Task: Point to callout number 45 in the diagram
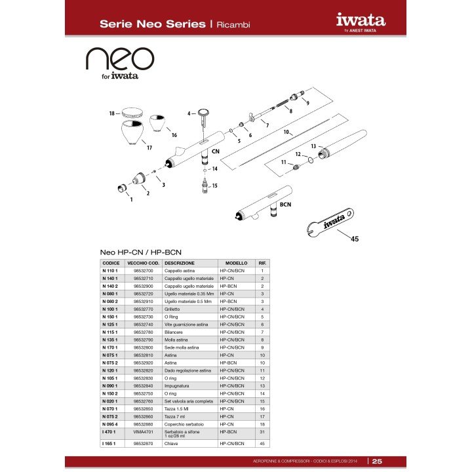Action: click(355, 239)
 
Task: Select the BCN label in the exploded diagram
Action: click(285, 205)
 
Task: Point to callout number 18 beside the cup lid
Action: click(112, 113)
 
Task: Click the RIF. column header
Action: click(262, 263)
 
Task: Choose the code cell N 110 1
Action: click(110, 271)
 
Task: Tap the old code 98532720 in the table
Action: click(143, 295)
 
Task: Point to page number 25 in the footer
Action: click(378, 461)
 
